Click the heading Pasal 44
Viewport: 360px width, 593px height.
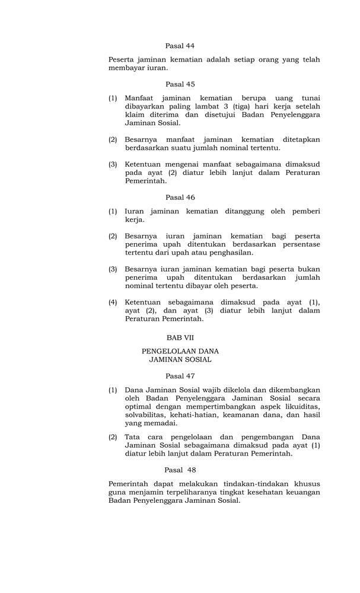pyautogui.click(x=180, y=46)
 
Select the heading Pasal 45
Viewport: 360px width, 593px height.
pyautogui.click(x=180, y=84)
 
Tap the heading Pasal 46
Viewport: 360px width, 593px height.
pyautogui.click(x=180, y=197)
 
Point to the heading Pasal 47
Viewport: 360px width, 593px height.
pyautogui.click(x=180, y=376)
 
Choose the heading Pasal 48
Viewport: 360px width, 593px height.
pyautogui.click(x=180, y=470)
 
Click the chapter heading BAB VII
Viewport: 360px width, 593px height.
pyautogui.click(x=180, y=337)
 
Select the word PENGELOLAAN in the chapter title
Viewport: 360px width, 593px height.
pyautogui.click(x=168, y=350)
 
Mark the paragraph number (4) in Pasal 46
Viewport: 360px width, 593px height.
pyautogui.click(x=113, y=302)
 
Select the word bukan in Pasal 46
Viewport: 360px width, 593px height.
pyautogui.click(x=309, y=269)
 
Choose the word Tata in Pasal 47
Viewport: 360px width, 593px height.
pyautogui.click(x=133, y=437)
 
